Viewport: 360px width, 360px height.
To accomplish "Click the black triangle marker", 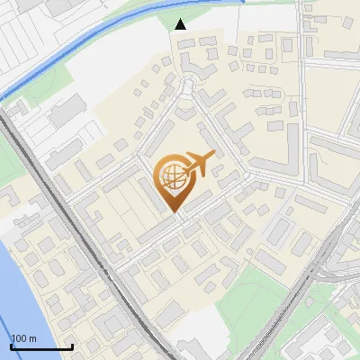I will point(181,24).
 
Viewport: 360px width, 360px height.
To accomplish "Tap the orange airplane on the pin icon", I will point(198,164).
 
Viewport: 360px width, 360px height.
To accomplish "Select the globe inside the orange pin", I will point(172,176).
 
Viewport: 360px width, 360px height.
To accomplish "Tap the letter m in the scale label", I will point(33,338).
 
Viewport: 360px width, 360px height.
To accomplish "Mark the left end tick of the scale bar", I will point(11,346).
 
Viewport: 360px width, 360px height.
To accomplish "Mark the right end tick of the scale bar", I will point(72,346).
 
